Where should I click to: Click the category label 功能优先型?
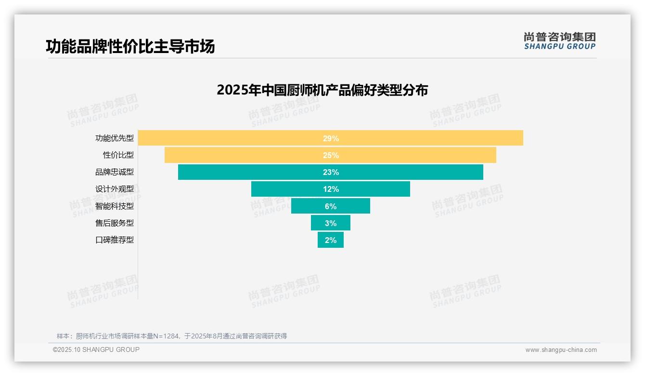click(x=115, y=138)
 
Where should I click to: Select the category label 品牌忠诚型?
click(x=115, y=172)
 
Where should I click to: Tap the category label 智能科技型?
click(x=115, y=206)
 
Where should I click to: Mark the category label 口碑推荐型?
click(x=115, y=240)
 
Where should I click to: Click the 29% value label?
click(x=331, y=138)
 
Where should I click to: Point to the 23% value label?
click(x=331, y=172)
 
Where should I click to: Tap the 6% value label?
click(x=331, y=206)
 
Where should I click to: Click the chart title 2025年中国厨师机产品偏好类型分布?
click(x=322, y=90)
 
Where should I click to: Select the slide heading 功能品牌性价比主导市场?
click(x=130, y=47)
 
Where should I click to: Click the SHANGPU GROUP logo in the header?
click(x=559, y=41)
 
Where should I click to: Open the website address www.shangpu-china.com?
click(x=561, y=350)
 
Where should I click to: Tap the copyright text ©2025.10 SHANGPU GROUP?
click(x=96, y=350)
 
